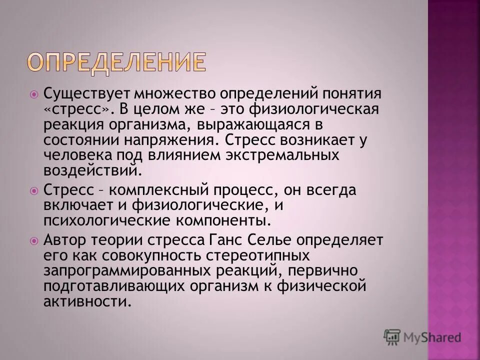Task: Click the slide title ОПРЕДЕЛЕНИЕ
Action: point(116,62)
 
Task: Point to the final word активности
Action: point(88,302)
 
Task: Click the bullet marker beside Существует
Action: point(34,93)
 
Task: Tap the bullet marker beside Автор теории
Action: point(34,240)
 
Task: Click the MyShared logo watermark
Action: point(422,337)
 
